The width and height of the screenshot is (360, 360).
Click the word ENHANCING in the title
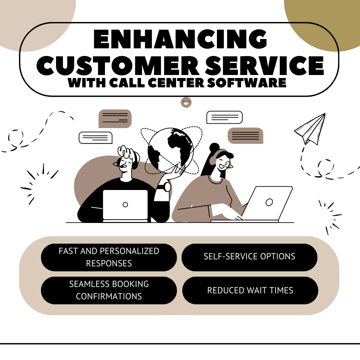180,39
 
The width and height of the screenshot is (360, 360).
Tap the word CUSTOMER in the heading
118,65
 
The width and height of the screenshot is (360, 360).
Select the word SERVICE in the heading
264,65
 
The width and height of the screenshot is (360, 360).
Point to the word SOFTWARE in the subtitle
247,83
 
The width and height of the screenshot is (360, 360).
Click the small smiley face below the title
186,102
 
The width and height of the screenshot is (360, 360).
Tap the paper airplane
310,129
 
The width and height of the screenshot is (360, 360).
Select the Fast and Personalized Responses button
109,257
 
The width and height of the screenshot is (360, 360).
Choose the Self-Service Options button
249,257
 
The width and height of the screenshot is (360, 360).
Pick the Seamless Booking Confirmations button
109,290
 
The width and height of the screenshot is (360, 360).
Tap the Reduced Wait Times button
250,290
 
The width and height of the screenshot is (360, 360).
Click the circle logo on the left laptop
125,205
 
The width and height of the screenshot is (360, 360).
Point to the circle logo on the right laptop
269,202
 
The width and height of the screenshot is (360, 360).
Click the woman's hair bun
215,147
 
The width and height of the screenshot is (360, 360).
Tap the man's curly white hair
127,152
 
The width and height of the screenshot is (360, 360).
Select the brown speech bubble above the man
115,118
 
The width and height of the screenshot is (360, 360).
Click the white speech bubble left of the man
96,138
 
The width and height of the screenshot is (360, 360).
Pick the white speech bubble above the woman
225,117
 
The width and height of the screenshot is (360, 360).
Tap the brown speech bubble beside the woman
245,136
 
